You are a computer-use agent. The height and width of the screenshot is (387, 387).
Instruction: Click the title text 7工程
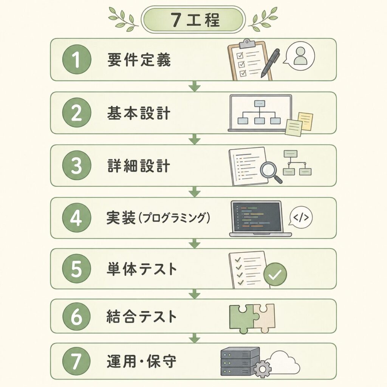click(x=195, y=20)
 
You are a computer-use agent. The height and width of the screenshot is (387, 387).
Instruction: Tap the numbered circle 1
click(x=77, y=59)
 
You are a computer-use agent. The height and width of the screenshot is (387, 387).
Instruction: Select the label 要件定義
click(x=139, y=60)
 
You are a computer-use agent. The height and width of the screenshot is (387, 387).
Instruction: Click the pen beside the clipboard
click(x=270, y=63)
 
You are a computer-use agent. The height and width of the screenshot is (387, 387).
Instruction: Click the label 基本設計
click(x=139, y=113)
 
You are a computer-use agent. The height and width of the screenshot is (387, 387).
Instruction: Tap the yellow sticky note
click(x=305, y=121)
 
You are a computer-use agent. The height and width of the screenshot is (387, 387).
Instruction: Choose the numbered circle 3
click(x=77, y=166)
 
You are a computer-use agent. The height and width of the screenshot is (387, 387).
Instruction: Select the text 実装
click(x=121, y=217)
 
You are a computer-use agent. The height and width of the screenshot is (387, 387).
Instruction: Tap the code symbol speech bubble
click(x=300, y=217)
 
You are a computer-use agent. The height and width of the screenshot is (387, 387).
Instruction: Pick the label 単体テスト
click(x=142, y=269)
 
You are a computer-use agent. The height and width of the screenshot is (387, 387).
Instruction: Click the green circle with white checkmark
click(x=275, y=274)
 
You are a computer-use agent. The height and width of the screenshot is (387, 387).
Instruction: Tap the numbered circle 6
click(x=77, y=317)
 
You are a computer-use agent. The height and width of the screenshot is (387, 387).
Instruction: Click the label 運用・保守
click(x=141, y=361)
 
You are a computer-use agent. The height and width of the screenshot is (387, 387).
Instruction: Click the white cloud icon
click(x=284, y=363)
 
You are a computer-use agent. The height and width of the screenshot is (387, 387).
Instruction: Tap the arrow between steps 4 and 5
click(x=195, y=243)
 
